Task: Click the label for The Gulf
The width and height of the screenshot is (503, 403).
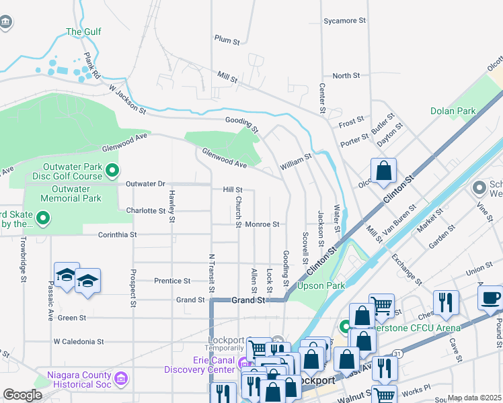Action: pos(83,32)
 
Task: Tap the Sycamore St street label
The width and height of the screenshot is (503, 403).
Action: pos(344,21)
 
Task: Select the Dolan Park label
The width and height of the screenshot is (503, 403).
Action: pos(453,111)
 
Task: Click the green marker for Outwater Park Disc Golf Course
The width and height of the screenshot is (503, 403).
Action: pos(113,171)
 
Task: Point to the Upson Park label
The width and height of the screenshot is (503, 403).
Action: pos(326,285)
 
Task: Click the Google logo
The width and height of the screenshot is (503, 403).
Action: pos(23,394)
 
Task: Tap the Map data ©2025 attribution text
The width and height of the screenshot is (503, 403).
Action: pos(474,398)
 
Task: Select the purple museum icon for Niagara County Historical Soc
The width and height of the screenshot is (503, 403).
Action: pos(121,379)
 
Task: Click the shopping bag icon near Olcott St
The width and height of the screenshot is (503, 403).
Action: pos(383,171)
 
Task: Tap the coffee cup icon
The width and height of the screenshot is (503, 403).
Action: pos(490,297)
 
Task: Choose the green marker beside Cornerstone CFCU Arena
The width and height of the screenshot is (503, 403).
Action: pos(346,327)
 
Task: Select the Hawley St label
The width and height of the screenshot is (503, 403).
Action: pos(172,206)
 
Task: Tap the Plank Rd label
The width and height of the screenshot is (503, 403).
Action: pos(92,66)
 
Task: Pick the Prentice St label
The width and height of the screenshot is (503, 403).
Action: pos(172,281)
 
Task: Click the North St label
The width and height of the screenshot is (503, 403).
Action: pos(346,76)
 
